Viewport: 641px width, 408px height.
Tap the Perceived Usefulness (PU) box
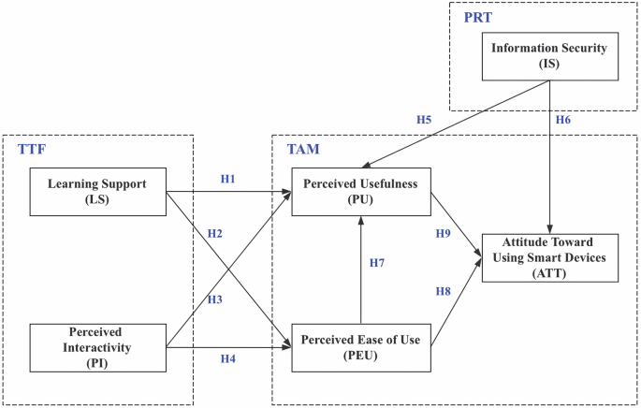pyautogui.click(x=360, y=192)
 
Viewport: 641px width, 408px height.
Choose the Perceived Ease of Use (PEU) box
pyautogui.click(x=360, y=346)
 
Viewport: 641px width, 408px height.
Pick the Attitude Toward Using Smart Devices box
pyautogui.click(x=550, y=257)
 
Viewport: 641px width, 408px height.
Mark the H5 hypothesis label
pyautogui.click(x=425, y=120)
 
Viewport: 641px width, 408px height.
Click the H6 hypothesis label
pyautogui.click(x=563, y=120)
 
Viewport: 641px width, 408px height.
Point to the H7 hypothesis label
pyautogui.click(x=376, y=263)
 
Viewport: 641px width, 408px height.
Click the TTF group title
pyautogui.click(x=31, y=150)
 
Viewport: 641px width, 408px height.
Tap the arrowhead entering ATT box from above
pyautogui.click(x=550, y=228)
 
